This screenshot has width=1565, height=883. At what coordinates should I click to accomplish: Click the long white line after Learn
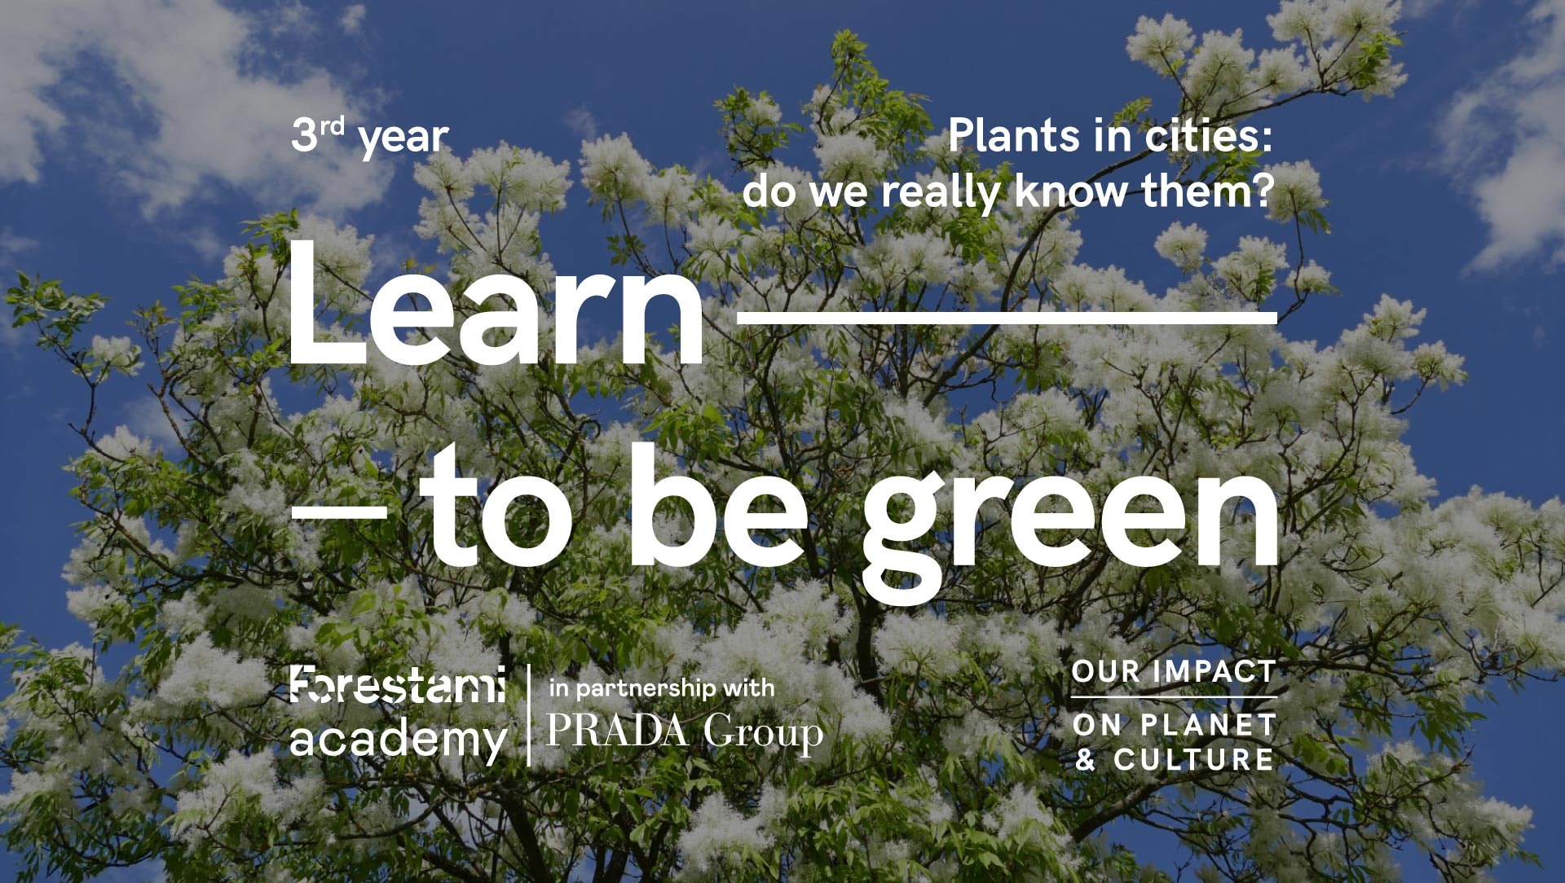pyautogui.click(x=1007, y=317)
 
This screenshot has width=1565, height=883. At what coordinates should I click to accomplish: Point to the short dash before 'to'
pyautogui.click(x=339, y=511)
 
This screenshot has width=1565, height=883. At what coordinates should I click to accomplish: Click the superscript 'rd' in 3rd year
pyautogui.click(x=332, y=125)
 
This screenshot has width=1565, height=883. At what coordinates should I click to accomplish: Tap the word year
pyautogui.click(x=403, y=138)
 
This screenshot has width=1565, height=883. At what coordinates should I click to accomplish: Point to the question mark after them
pyautogui.click(x=1263, y=191)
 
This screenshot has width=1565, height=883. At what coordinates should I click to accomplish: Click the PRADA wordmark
pyautogui.click(x=617, y=730)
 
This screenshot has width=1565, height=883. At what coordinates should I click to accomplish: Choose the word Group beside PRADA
pyautogui.click(x=764, y=733)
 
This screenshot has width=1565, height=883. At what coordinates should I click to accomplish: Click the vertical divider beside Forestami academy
pyautogui.click(x=529, y=715)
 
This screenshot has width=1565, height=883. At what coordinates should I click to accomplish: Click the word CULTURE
pyautogui.click(x=1193, y=759)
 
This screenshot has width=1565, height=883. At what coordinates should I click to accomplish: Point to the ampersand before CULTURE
pyautogui.click(x=1085, y=759)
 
